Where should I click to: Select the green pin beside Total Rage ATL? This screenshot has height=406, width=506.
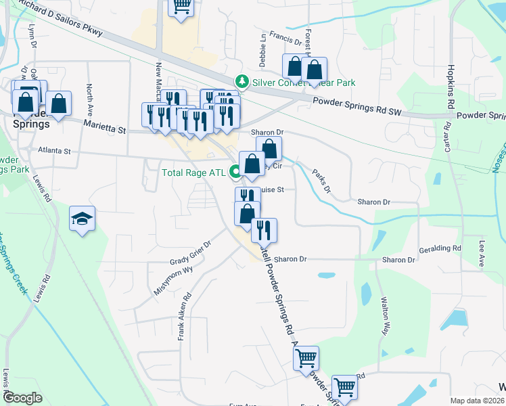click(235, 172)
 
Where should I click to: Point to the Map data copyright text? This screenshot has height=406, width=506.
click(476, 401)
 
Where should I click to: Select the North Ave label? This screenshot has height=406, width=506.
click(89, 99)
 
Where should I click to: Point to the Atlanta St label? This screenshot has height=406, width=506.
click(54, 151)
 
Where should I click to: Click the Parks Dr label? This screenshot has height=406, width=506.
click(321, 181)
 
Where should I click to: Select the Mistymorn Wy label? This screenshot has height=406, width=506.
click(173, 279)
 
